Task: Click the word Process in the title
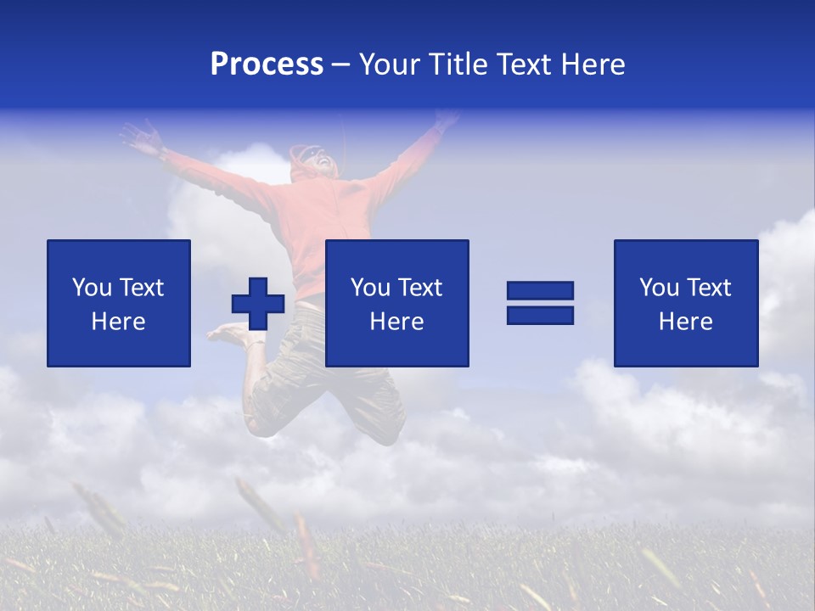click(267, 64)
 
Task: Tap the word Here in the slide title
click(592, 64)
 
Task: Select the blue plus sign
click(258, 303)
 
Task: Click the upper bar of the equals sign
click(540, 291)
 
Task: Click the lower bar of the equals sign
click(540, 315)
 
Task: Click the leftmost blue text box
click(119, 303)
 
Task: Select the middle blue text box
click(396, 303)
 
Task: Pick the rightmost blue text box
click(685, 303)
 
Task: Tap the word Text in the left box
click(141, 287)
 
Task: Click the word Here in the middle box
click(396, 321)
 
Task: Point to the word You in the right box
click(659, 287)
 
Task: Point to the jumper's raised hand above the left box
click(143, 136)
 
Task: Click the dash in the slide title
click(340, 64)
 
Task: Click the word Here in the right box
click(685, 321)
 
